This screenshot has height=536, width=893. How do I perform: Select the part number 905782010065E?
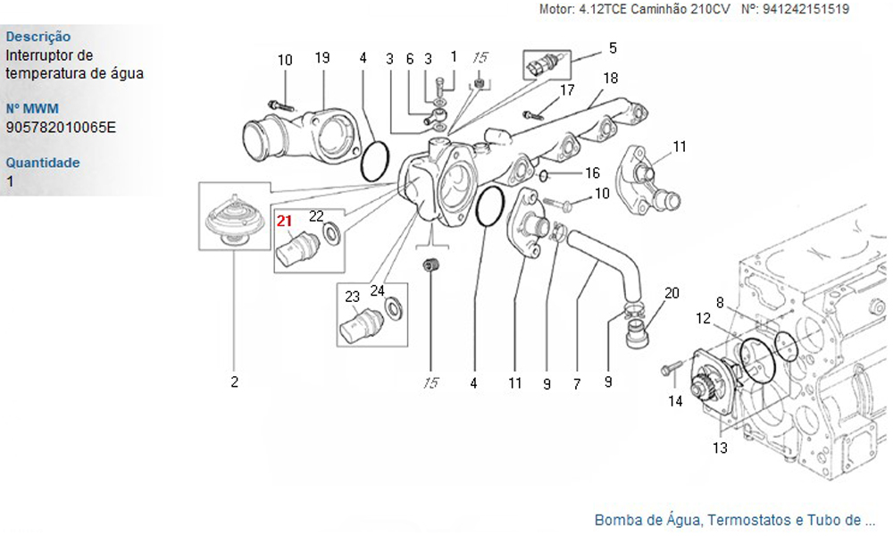[x=61, y=127]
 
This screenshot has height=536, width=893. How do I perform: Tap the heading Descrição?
[x=38, y=37]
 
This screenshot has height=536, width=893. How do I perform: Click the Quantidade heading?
[x=43, y=163]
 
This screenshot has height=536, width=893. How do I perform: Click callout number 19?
[x=322, y=58]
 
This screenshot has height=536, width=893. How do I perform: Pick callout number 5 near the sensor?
[x=613, y=47]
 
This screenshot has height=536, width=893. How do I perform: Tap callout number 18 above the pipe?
[x=610, y=78]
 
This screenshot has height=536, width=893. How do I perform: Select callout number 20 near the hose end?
[x=672, y=292]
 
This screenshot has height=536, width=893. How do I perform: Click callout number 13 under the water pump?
[x=720, y=448]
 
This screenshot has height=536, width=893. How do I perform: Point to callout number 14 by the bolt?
[x=676, y=402]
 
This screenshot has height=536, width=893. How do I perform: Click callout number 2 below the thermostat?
[x=235, y=383]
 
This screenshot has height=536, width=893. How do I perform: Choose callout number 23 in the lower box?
[x=352, y=296]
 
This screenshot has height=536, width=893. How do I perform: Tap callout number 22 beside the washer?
[x=316, y=215]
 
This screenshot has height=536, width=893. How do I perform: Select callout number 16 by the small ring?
[x=592, y=172]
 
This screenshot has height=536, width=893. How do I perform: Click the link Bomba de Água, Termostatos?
[x=734, y=519]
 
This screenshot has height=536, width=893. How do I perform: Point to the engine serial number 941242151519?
[x=806, y=9]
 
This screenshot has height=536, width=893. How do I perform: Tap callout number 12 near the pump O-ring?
[x=704, y=319]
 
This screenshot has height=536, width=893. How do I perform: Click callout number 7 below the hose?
[x=577, y=384]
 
